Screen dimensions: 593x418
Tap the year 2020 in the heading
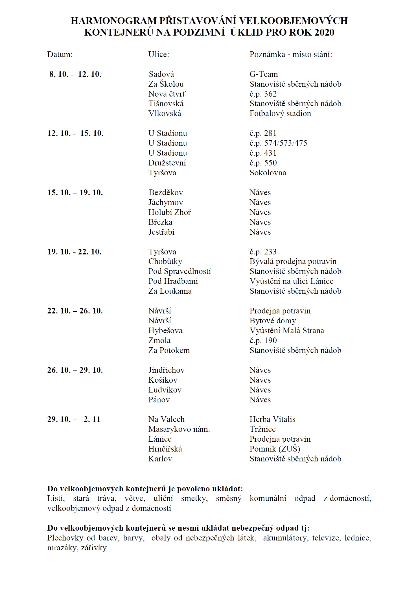tap(324, 32)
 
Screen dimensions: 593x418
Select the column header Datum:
tap(60, 54)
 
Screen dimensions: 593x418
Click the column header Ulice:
tap(159, 54)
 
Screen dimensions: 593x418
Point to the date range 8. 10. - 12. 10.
tap(75, 74)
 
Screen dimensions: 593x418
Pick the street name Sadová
tap(161, 74)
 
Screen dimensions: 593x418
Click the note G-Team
tap(264, 74)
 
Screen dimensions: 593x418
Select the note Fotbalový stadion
tap(280, 114)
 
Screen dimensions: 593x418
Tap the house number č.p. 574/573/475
tap(278, 143)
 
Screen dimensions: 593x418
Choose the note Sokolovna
tap(268, 173)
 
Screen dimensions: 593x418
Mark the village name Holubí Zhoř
tap(170, 212)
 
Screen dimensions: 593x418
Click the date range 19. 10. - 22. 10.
tap(74, 252)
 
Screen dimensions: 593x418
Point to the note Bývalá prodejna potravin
tap(293, 261)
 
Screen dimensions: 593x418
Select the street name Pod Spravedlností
tap(180, 271)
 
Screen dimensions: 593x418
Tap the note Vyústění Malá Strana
tap(286, 331)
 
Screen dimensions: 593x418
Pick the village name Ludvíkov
tap(165, 390)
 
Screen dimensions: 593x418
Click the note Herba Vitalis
tap(272, 419)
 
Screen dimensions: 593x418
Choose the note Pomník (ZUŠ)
tap(275, 449)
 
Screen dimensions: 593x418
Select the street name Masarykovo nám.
tap(179, 429)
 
